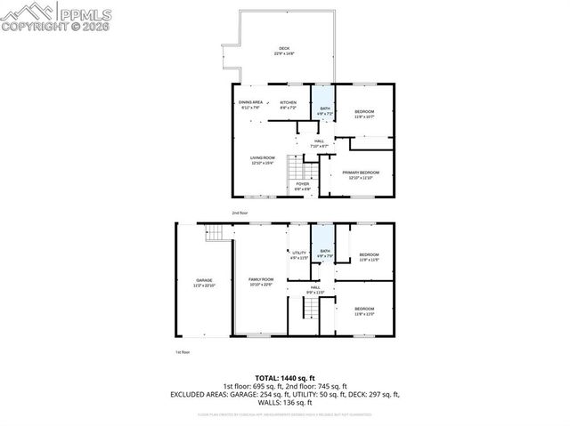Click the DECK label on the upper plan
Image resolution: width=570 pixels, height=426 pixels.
(284, 50)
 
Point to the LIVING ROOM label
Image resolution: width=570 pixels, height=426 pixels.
(263, 159)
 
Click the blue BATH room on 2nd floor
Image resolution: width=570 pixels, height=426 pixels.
(321, 105)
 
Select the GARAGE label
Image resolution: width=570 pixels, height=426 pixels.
(205, 283)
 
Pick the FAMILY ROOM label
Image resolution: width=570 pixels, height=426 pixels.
(261, 282)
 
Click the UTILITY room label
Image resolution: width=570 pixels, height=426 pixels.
(299, 255)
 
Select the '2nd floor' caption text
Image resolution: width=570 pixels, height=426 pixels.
(240, 213)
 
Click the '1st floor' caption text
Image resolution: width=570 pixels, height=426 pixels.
(183, 352)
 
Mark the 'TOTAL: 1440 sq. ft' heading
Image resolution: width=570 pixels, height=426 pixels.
(285, 378)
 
